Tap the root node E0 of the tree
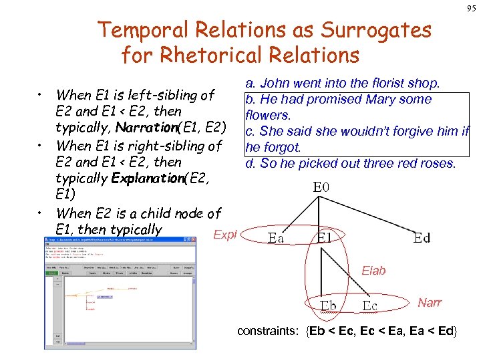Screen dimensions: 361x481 click(x=321, y=187)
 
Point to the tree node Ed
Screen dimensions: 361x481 click(x=422, y=237)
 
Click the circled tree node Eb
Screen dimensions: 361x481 click(x=328, y=306)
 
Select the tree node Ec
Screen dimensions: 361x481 click(x=370, y=306)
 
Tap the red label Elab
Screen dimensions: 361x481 click(x=373, y=271)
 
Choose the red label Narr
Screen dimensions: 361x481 click(x=430, y=303)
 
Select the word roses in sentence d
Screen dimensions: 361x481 click(x=438, y=163)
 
